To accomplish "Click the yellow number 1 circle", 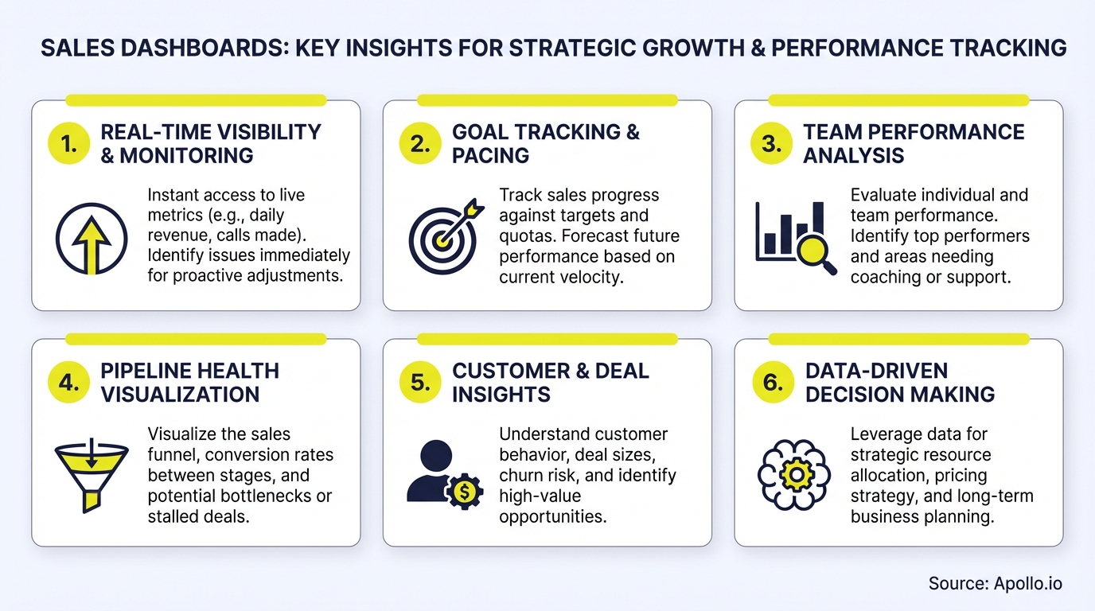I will [69, 144].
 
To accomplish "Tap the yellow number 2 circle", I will [420, 144].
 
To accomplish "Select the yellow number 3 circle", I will [772, 144].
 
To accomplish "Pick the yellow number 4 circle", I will [69, 383].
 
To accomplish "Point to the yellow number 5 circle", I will [420, 383].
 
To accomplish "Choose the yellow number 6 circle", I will [772, 383].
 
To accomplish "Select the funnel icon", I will [92, 474].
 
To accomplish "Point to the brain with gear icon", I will [795, 476].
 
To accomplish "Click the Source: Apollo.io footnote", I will [995, 583].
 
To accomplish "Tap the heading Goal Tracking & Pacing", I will [545, 143].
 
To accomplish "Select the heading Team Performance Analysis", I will [914, 143].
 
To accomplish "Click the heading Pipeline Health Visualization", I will [189, 382].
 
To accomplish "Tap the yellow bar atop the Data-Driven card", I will [898, 339].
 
